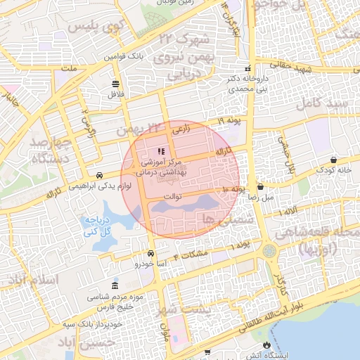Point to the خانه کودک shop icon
pyautogui.click(x=333, y=160)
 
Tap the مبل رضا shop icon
pyautogui.click(x=261, y=188)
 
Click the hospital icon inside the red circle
pyautogui.click(x=161, y=151)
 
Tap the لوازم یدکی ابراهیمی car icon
pyautogui.click(x=101, y=175)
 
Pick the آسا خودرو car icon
pyautogui.click(x=151, y=254)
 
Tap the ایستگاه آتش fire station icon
pyautogui.click(x=266, y=345)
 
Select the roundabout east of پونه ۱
pyautogui.click(x=269, y=250)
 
